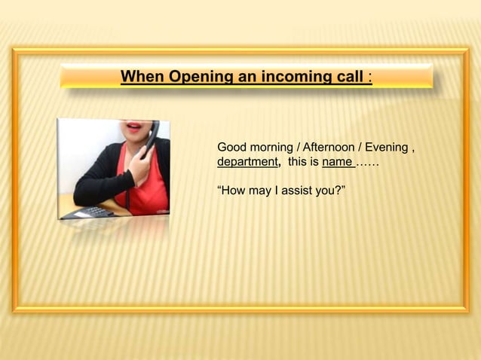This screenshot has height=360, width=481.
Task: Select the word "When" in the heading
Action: point(143,77)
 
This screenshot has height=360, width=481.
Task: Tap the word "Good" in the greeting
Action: point(231,147)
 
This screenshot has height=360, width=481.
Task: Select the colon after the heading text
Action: point(369,77)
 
